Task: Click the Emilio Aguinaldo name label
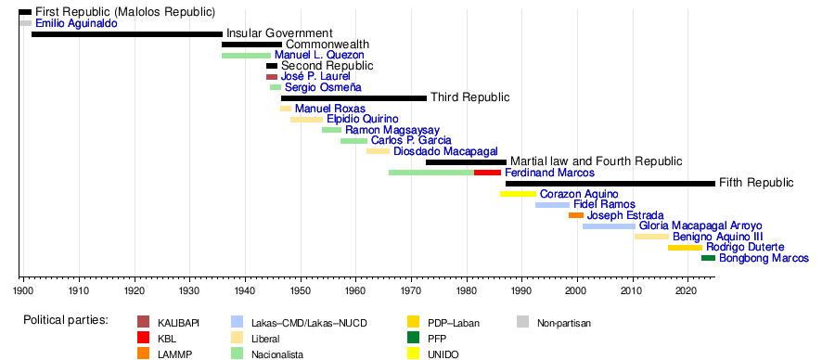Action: tap(76, 23)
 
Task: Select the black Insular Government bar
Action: tap(127, 34)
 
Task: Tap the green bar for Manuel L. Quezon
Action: tap(246, 56)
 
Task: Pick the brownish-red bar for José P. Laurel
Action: tap(272, 77)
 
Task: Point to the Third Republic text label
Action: tap(469, 97)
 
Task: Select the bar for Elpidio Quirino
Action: tap(306, 120)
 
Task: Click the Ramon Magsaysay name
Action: tap(392, 130)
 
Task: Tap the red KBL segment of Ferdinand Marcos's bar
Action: tap(487, 173)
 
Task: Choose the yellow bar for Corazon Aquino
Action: tap(518, 194)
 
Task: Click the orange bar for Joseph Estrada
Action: tap(575, 215)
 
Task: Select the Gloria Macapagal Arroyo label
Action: tap(700, 225)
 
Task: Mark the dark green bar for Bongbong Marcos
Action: tap(708, 258)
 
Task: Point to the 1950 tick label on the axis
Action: tap(301, 291)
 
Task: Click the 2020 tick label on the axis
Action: tap(687, 291)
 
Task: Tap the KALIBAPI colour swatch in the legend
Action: tap(143, 322)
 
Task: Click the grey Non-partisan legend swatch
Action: tap(522, 322)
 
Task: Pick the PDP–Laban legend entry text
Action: tap(454, 323)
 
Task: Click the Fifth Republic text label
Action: tap(756, 183)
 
